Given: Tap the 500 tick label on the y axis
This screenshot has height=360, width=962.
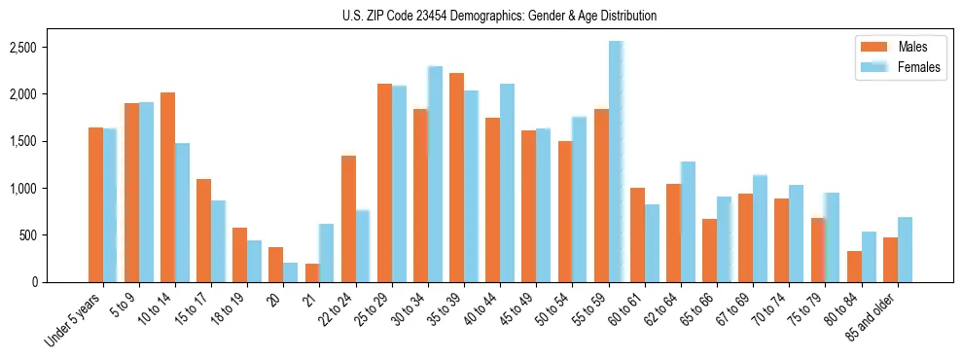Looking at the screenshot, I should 53,235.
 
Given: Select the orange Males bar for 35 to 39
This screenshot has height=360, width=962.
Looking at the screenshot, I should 456,178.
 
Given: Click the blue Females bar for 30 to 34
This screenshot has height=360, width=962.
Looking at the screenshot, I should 435,174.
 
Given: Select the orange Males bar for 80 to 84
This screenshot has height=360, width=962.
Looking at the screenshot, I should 854,267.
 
